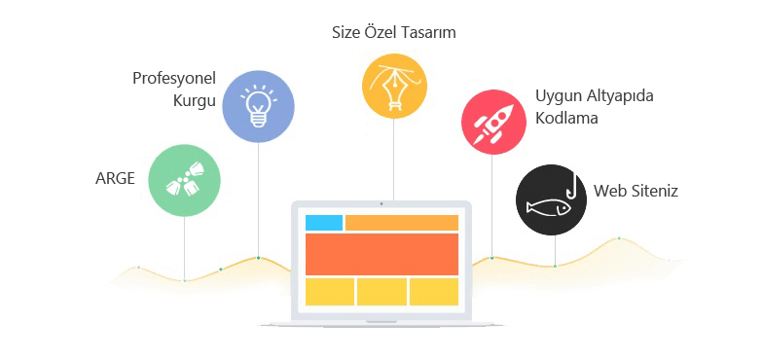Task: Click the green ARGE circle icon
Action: [184, 180]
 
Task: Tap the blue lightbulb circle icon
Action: [258, 106]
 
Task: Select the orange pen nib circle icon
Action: [394, 88]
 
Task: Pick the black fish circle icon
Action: [551, 199]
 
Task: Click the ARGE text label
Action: [115, 178]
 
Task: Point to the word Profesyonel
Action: [174, 79]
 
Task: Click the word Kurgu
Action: [195, 100]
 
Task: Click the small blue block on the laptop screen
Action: [324, 223]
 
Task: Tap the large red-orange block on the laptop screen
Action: [381, 254]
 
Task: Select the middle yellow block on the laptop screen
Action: [381, 292]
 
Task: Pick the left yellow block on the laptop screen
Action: [329, 292]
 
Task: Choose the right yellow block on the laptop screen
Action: [433, 292]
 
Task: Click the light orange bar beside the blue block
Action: [401, 223]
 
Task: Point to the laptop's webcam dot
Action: [381, 203]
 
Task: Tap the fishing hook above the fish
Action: [577, 185]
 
